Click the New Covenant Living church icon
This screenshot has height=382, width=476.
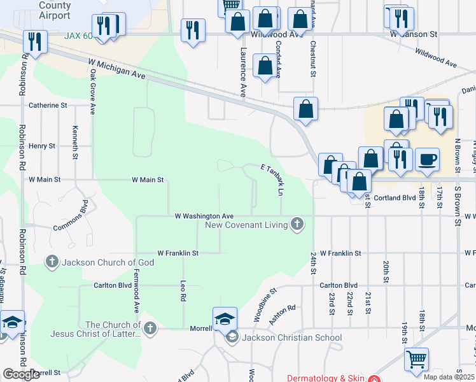tap(296, 223)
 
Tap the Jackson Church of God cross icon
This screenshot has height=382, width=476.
tap(52, 262)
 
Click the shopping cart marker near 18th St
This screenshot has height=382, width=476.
tap(416, 359)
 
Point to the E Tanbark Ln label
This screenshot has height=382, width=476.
tap(272, 178)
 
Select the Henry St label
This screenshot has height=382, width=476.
tap(42, 146)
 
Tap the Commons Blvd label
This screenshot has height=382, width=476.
tap(71, 216)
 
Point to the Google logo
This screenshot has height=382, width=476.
tap(21, 374)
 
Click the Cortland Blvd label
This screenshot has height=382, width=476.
tap(395, 197)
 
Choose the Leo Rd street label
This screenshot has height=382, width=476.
tap(183, 291)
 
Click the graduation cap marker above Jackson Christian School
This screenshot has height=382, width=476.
tap(225, 319)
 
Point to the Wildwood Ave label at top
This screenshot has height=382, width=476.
tap(276, 35)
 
